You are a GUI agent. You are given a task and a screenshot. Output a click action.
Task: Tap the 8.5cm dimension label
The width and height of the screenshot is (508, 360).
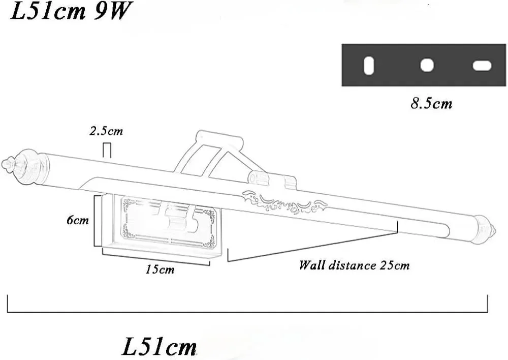[431, 104]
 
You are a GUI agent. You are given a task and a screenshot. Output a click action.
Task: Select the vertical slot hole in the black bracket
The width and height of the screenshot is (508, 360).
[369, 66]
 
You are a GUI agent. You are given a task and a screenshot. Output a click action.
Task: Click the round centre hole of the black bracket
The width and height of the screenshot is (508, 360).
[427, 65]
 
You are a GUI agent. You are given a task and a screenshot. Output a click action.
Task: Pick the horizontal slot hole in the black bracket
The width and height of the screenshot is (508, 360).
[482, 66]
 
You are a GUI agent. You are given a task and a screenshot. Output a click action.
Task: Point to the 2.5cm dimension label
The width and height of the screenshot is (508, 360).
[106, 131]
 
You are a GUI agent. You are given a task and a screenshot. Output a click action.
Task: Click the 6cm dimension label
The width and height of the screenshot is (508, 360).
[77, 220]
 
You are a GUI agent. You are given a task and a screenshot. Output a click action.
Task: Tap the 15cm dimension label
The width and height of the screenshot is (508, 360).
[160, 269]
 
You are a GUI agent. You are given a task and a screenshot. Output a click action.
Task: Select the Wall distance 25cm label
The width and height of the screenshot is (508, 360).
[354, 265]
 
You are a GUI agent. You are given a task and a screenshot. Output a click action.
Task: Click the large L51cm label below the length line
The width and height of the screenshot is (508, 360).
[160, 346]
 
